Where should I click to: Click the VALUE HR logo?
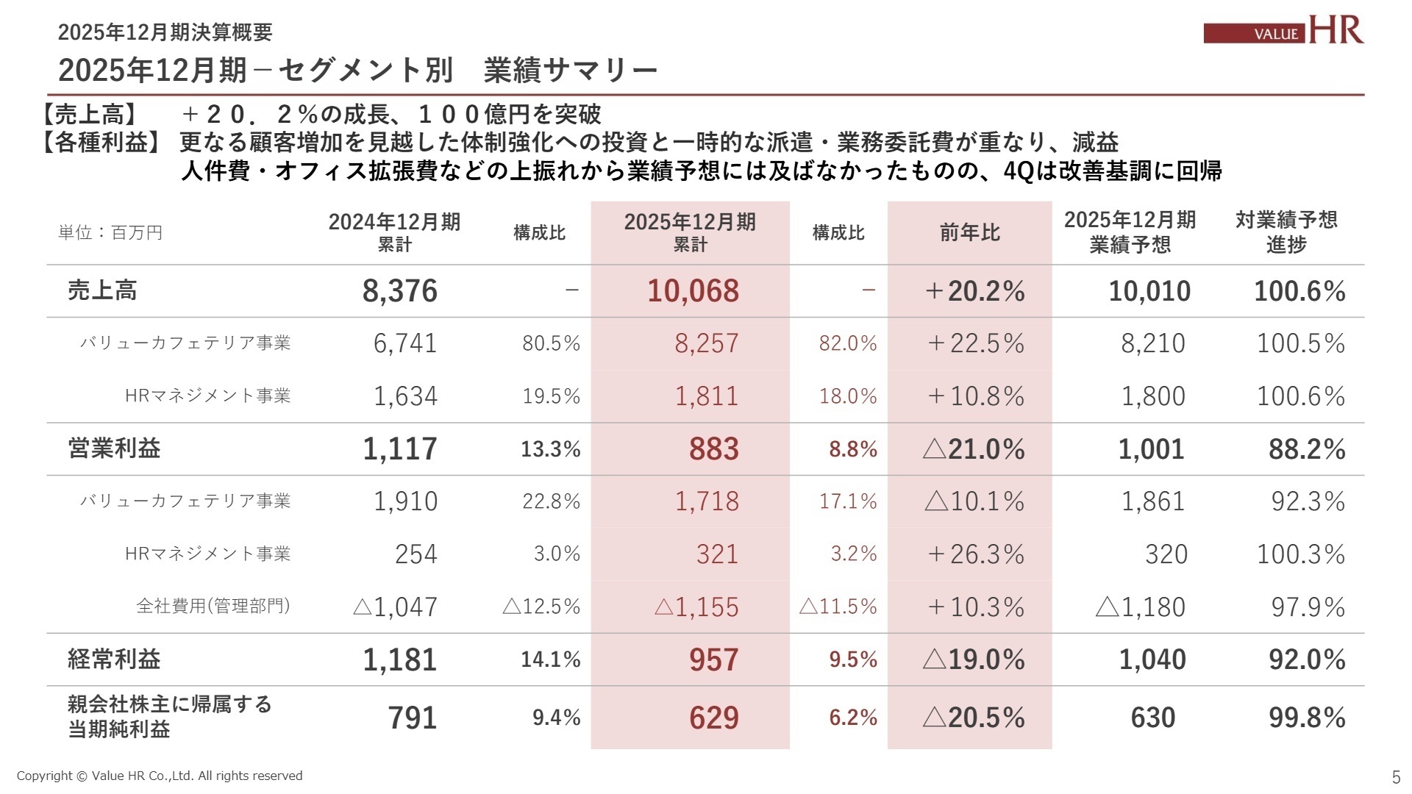tap(1283, 30)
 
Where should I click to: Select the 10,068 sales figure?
tap(693, 291)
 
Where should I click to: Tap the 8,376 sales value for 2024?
tap(399, 291)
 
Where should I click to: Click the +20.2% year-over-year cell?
tap(974, 291)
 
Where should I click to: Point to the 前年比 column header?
tap(969, 233)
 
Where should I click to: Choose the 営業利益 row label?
tap(114, 448)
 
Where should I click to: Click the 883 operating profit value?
tap(713, 449)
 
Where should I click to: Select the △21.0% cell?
tap(974, 449)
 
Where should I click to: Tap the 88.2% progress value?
tap(1306, 449)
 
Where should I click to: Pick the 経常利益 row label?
tap(114, 659)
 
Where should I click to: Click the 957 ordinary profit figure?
tap(713, 660)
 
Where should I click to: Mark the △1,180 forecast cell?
tap(1140, 607)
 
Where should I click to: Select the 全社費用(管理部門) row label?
tap(213, 607)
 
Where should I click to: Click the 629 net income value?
tap(713, 718)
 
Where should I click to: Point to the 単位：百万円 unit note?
tap(110, 233)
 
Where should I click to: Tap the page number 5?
tap(1396, 777)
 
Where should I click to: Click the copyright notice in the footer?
tap(160, 776)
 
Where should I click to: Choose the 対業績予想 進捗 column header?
tap(1286, 232)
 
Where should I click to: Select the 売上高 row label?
tap(102, 291)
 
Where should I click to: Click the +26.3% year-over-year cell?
tap(976, 554)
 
